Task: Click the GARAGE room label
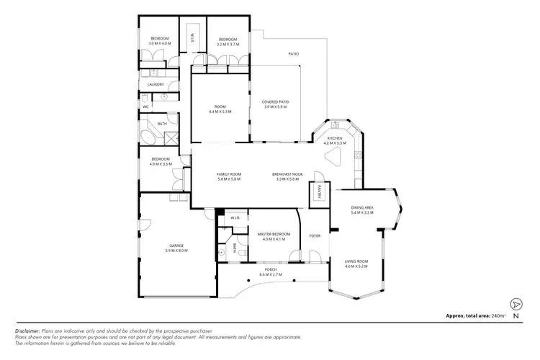click(x=175, y=246)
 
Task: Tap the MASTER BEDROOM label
click(x=274, y=234)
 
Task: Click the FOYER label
click(x=315, y=235)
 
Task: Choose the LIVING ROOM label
click(x=356, y=262)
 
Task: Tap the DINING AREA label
click(x=362, y=208)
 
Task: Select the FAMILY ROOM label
click(x=229, y=174)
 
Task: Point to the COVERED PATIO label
click(x=274, y=102)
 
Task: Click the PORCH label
click(x=270, y=269)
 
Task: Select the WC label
click(x=145, y=107)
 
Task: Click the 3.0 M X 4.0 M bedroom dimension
click(x=159, y=44)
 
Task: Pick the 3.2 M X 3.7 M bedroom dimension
click(x=228, y=44)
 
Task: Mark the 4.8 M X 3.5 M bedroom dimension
click(x=160, y=164)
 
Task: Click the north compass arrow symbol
click(x=516, y=305)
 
